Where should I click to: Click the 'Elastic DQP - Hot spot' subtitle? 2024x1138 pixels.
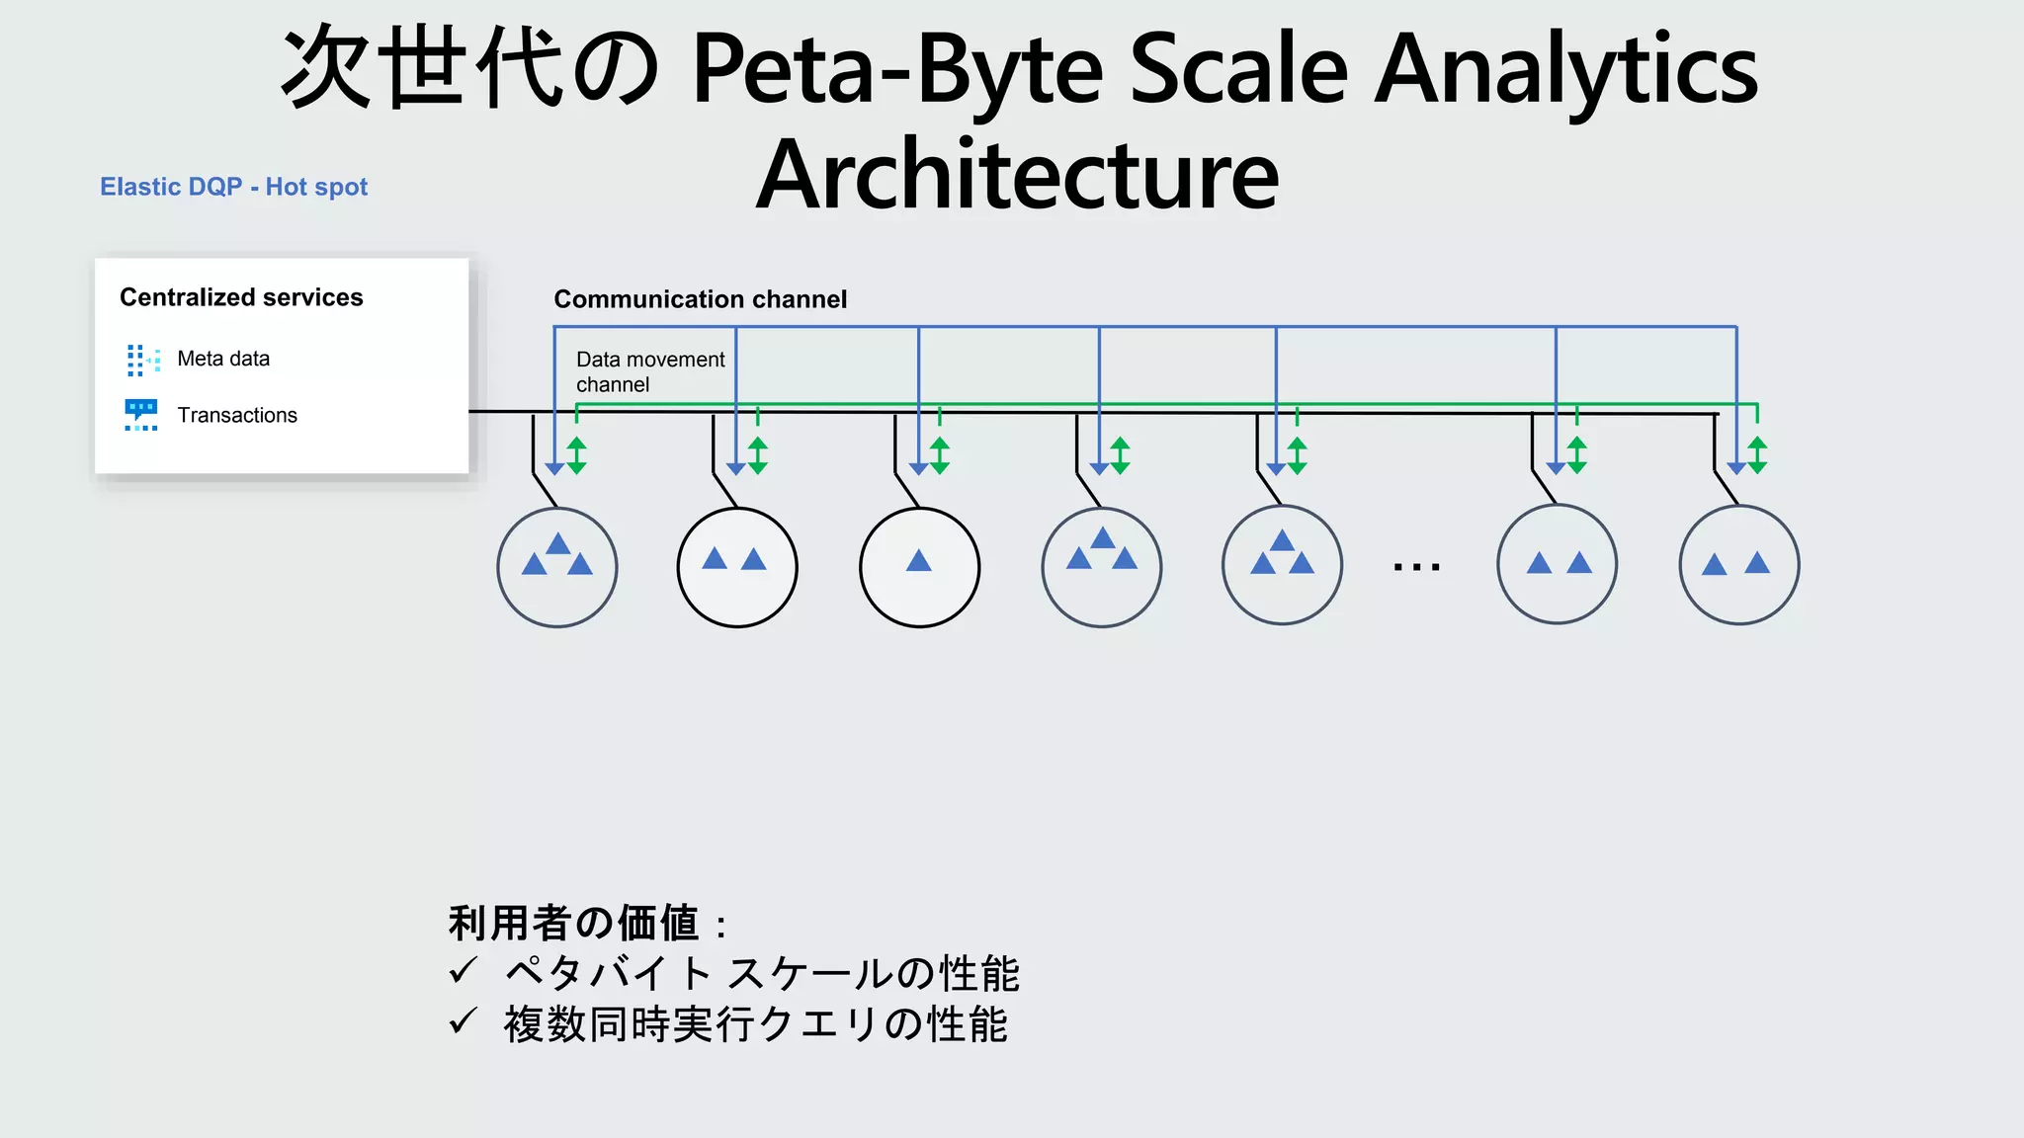click(233, 187)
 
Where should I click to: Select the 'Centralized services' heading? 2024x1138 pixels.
click(241, 297)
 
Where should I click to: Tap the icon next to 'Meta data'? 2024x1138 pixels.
click(142, 360)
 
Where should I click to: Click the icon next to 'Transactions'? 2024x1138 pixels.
click(141, 415)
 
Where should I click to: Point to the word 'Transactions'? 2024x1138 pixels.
click(237, 415)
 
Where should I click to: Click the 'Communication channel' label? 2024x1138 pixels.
click(700, 299)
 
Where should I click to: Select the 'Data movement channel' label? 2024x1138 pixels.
click(649, 371)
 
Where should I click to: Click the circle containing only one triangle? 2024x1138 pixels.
click(919, 567)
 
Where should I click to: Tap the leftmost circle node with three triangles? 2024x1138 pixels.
click(557, 567)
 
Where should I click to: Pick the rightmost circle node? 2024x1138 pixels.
click(1738, 565)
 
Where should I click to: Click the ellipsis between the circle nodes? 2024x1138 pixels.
click(1416, 567)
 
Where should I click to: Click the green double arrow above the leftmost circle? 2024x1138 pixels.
click(577, 455)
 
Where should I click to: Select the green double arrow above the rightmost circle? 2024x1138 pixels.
click(1757, 455)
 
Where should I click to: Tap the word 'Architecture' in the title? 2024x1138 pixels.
click(1017, 175)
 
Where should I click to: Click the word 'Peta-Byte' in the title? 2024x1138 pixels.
click(896, 68)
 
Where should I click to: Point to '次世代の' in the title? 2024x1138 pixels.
click(470, 68)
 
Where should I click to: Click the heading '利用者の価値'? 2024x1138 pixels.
click(574, 923)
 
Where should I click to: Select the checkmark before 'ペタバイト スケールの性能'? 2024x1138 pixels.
click(463, 971)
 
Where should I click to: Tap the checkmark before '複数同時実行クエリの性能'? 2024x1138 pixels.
click(463, 1021)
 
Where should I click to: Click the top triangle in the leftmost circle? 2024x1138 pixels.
click(558, 543)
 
